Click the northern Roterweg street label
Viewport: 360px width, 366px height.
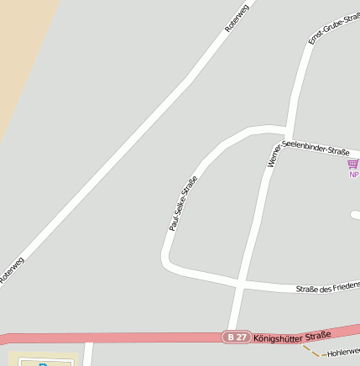click(x=238, y=18)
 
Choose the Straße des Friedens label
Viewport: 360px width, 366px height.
click(x=328, y=287)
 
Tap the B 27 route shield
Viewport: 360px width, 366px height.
click(x=235, y=337)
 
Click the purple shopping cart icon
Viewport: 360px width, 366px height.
click(x=353, y=165)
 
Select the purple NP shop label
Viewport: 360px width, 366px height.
click(x=354, y=175)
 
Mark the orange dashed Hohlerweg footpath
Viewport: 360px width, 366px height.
click(x=311, y=351)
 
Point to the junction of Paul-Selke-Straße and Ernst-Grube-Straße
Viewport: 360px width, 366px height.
click(x=285, y=132)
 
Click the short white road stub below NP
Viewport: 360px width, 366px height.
click(x=355, y=215)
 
